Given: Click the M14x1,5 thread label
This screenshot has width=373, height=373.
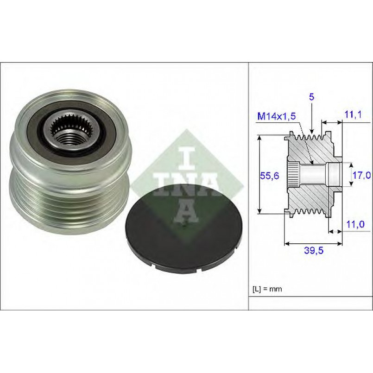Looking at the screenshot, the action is [277, 116].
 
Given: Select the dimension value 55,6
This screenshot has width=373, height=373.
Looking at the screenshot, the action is [269, 176].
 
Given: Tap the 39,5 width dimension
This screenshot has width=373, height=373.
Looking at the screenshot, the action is [314, 250].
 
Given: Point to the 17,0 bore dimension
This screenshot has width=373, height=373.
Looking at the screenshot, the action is [361, 175].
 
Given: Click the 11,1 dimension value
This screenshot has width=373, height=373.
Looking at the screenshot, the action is [353, 114].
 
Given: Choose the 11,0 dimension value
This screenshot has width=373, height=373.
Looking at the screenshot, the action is [355, 224].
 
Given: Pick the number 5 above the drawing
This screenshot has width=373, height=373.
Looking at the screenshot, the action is [312, 97].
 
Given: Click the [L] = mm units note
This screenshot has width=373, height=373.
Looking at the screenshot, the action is [267, 289].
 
